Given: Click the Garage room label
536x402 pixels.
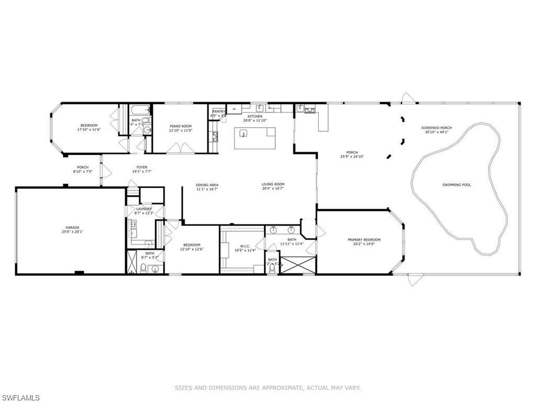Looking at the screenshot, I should (x=72, y=227).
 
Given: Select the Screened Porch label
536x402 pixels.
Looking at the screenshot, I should (x=437, y=128).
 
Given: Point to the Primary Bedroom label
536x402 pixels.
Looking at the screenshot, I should (x=364, y=240).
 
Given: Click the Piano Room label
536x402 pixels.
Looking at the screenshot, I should (x=181, y=126).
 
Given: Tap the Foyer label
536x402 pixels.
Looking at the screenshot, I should (x=139, y=167).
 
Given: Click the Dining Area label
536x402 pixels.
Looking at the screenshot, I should (x=207, y=185).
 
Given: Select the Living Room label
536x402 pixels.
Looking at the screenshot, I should (x=273, y=184).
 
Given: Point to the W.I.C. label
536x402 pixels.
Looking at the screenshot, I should (x=241, y=245).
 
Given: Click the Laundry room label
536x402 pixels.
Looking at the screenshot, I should (x=143, y=209).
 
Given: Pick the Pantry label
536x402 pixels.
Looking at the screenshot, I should (x=218, y=111).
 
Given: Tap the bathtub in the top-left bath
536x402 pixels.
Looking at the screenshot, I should (x=140, y=110).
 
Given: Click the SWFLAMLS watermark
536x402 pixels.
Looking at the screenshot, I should (x=20, y=398).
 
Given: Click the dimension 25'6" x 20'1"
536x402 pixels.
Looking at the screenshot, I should (x=72, y=231).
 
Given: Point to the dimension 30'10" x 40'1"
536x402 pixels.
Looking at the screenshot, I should (x=437, y=132).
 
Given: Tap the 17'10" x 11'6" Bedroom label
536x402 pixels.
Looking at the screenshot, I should (x=89, y=126).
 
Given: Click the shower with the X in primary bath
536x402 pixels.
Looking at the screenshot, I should (x=298, y=265).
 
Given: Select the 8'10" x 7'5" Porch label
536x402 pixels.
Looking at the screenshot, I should (x=82, y=167).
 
